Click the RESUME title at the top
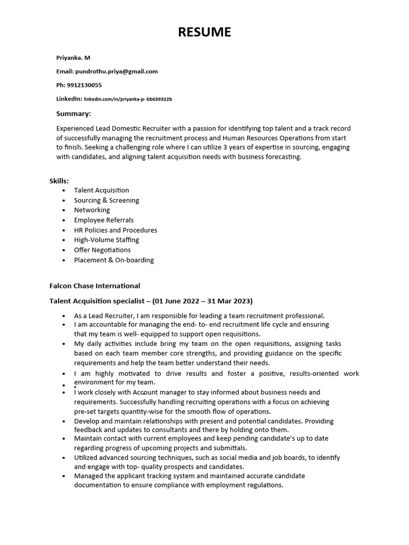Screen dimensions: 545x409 click(x=204, y=32)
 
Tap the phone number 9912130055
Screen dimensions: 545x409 click(x=84, y=85)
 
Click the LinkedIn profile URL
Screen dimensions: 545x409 click(x=128, y=99)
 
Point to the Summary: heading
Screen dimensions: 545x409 click(x=73, y=113)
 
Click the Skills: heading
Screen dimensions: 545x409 click(x=59, y=181)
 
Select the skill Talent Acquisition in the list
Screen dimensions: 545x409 click(x=101, y=190)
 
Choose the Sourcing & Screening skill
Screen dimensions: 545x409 click(x=107, y=200)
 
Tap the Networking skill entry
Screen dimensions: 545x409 click(x=92, y=210)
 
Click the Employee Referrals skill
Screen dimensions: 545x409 click(x=104, y=220)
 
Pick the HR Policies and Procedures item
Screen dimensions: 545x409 click(x=116, y=230)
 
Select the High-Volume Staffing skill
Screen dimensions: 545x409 click(x=107, y=240)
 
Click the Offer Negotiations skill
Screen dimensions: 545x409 click(x=102, y=250)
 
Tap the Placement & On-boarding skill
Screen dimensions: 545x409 click(x=114, y=260)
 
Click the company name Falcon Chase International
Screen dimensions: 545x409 click(x=95, y=286)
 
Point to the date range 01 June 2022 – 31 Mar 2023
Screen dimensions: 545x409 click(x=202, y=301)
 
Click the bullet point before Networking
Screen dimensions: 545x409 click(x=64, y=210)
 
